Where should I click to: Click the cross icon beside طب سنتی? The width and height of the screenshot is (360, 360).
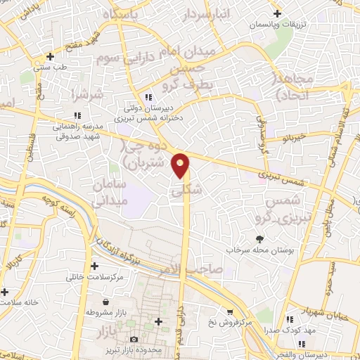coord(49,56)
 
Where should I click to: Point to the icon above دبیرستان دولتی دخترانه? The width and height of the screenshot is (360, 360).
coord(148,98)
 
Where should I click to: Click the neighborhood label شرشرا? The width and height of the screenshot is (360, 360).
coord(87,94)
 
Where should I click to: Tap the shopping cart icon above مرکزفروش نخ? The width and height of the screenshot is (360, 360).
coord(229,312)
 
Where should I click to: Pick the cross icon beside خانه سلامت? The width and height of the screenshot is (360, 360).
coord(5,292)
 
